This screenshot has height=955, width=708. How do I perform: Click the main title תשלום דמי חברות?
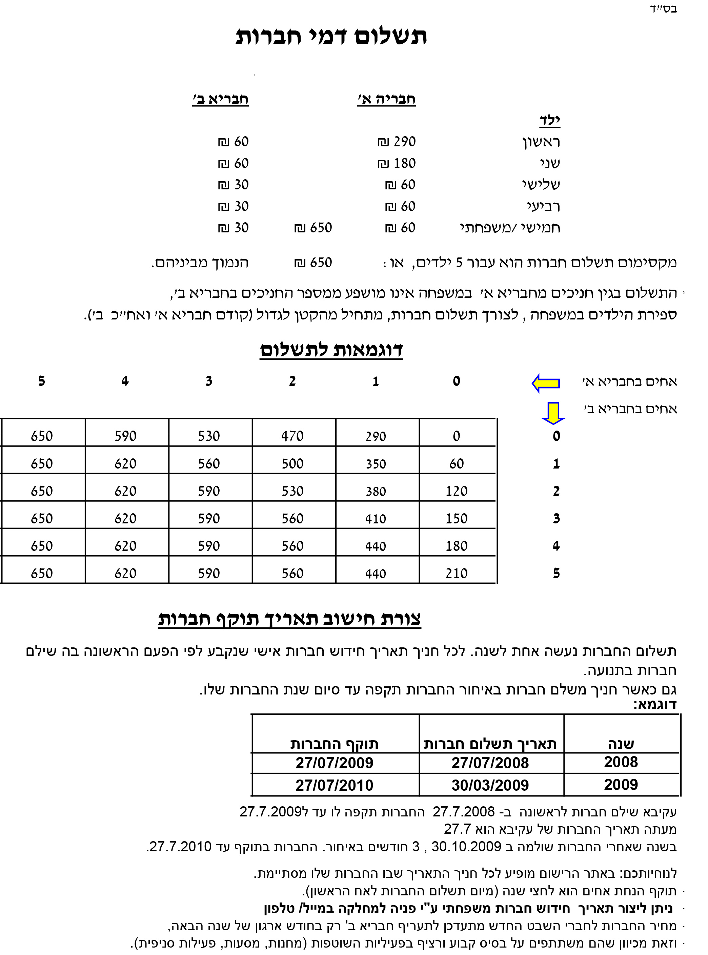pos(331,37)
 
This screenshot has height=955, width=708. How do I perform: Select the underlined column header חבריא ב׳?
pos(220,99)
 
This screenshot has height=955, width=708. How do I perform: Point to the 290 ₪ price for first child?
pos(397,142)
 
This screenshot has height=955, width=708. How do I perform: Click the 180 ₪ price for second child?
pos(397,163)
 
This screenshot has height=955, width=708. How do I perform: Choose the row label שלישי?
pos(541,185)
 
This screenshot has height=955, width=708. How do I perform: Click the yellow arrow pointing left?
pos(546,383)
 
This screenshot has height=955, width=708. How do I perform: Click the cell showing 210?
pos(457,574)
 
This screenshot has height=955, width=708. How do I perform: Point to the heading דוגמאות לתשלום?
pos(331,350)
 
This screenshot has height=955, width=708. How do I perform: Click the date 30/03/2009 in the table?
pos(490,785)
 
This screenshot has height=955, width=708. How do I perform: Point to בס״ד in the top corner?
pos(663,9)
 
